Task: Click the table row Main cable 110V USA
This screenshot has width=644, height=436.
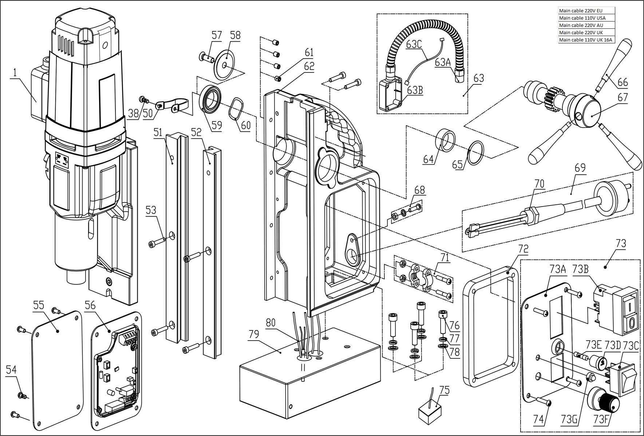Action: click(x=586, y=18)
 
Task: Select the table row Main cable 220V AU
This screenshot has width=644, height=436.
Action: click(x=586, y=25)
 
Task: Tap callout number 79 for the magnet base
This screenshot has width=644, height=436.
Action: click(x=253, y=334)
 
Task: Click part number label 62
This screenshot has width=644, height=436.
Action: click(x=309, y=67)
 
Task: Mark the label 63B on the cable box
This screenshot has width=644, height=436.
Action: click(x=415, y=90)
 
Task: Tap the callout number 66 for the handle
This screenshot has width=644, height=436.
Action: click(x=623, y=82)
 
